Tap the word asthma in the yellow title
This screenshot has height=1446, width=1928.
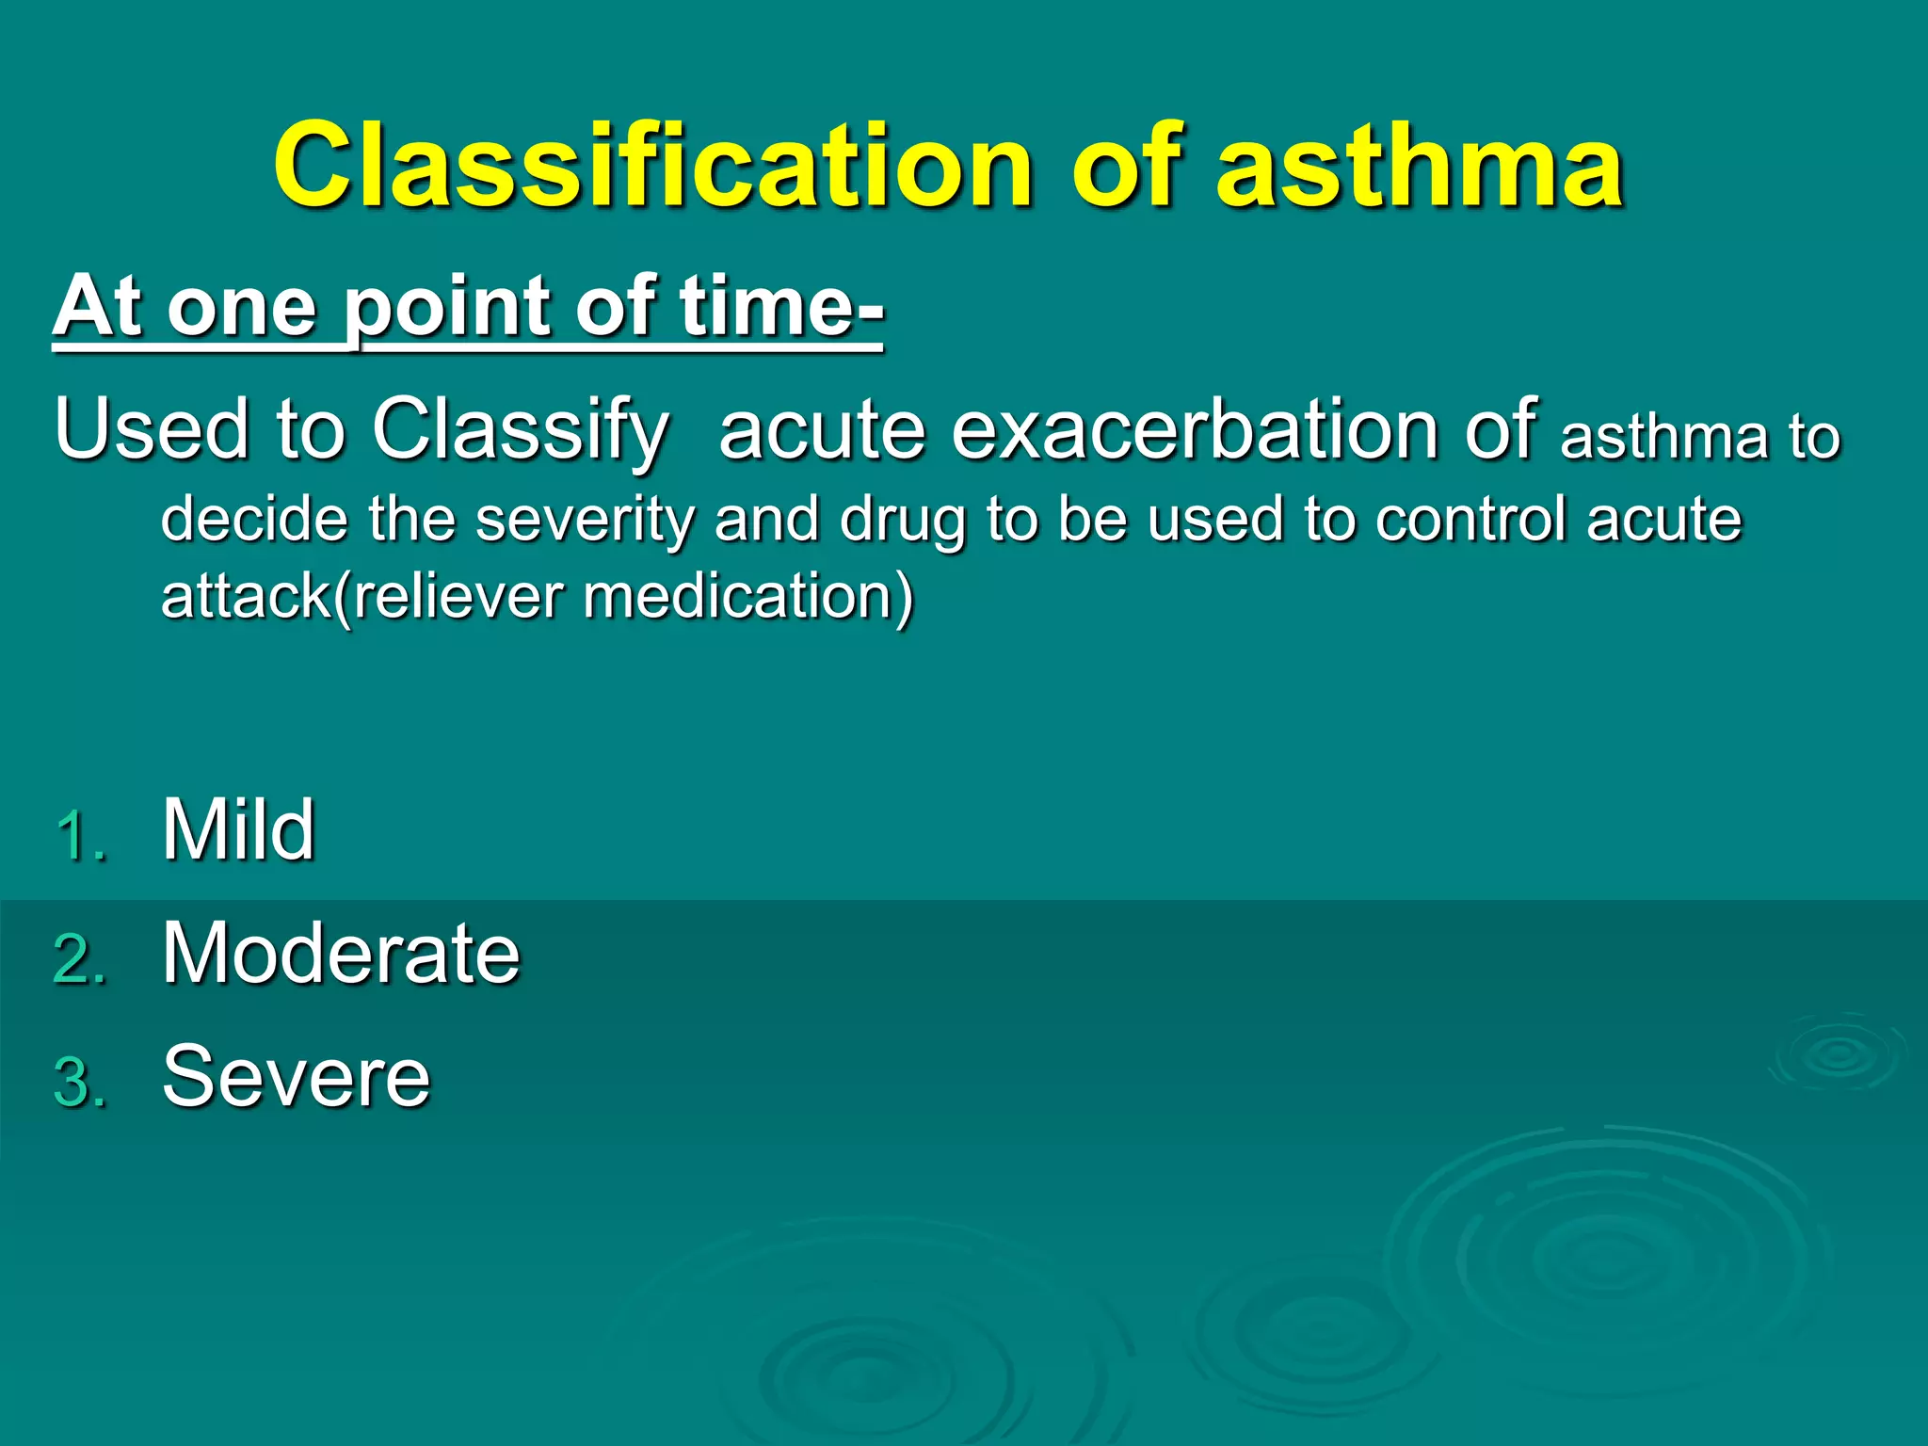coord(1420,167)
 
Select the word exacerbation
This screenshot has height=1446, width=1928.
coord(1195,429)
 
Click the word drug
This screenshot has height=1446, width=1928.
coord(902,521)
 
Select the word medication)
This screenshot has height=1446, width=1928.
coord(748,597)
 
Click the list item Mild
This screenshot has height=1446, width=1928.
coord(238,829)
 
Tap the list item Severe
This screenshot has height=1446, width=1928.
coord(296,1076)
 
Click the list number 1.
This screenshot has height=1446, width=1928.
coord(79,835)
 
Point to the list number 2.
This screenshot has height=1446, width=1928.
coord(79,959)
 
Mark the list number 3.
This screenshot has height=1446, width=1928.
coord(79,1083)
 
